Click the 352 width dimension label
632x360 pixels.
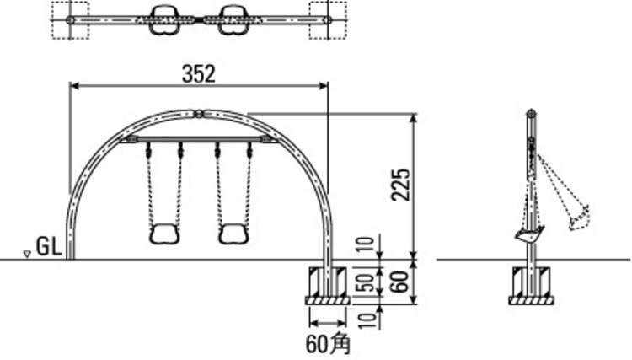199,74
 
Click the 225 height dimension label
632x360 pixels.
401,185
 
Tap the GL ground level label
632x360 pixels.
49,246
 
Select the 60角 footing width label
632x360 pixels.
328,345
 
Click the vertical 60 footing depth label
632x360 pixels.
400,282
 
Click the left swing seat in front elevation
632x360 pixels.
164,234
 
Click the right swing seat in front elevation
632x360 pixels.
233,234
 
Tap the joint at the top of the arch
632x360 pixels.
199,114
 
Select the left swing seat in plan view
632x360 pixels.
164,19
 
